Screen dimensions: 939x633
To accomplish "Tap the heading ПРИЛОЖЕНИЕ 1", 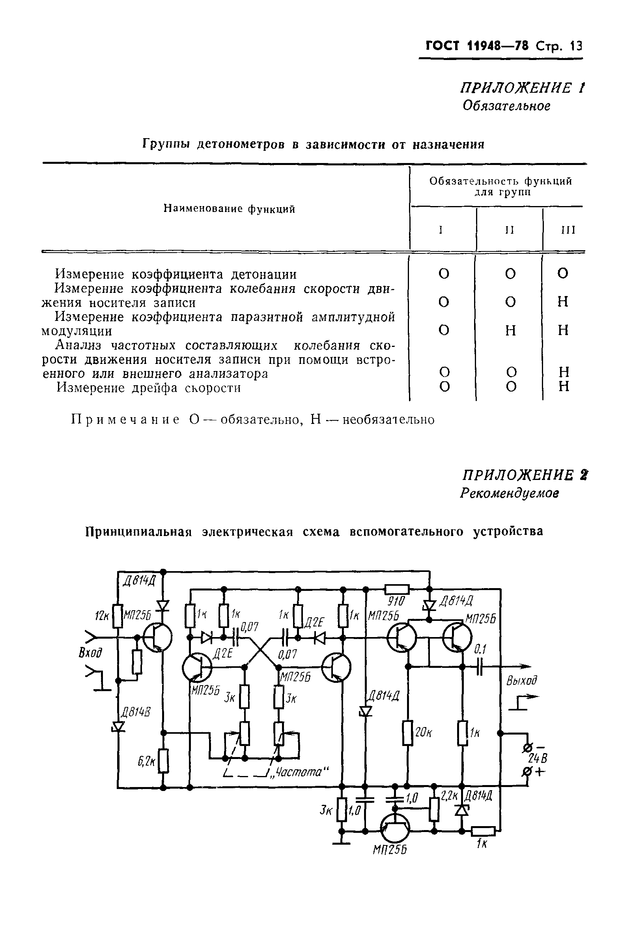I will click(523, 88).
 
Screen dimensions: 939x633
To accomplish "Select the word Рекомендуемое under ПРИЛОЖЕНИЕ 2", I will click(510, 493).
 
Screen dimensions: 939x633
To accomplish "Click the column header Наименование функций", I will click(229, 209).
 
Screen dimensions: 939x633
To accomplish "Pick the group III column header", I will click(568, 230).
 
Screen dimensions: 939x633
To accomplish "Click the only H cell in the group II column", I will click(511, 330).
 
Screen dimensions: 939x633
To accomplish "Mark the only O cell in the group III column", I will click(563, 274).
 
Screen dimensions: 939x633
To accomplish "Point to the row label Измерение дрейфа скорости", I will click(149, 388).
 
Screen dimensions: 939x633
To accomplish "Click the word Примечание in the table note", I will click(125, 420).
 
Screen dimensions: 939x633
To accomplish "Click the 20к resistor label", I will click(424, 732).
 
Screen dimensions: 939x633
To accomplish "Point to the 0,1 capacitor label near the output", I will click(480, 649).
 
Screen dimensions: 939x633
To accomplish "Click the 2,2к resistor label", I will click(448, 796).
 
